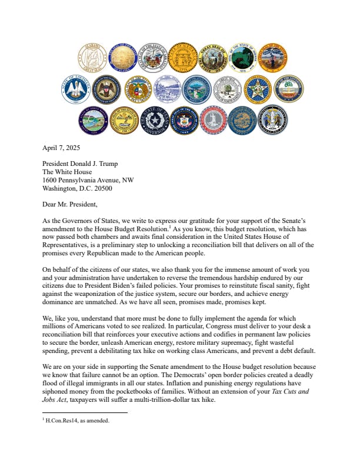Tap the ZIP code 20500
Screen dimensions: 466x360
100,188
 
